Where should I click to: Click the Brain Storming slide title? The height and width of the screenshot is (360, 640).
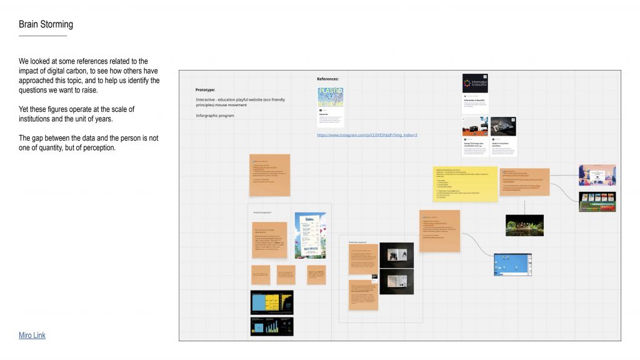coord(46,24)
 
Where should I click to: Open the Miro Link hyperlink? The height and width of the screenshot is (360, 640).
coord(32,336)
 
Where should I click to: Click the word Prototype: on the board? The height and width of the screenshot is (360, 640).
coord(205,90)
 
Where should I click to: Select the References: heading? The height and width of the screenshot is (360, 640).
coord(328,79)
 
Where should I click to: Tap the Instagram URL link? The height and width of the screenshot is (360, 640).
coord(367,135)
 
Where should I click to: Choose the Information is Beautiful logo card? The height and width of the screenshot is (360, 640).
coord(475,83)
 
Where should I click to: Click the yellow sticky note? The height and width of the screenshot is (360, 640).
coord(465,184)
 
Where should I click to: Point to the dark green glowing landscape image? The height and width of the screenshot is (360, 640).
coord(524,225)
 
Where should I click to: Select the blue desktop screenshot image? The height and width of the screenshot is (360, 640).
coord(512,265)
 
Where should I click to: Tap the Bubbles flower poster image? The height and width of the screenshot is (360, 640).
coord(310,236)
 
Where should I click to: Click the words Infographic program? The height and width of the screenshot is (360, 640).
coord(214,116)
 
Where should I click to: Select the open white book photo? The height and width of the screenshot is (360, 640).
coord(396,254)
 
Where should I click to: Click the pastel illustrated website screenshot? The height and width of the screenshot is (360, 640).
coord(597,175)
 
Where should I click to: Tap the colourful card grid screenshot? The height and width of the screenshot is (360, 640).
coord(597,201)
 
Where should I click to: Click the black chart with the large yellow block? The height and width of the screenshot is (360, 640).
coord(272,302)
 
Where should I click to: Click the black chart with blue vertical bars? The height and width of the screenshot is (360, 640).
coord(272,326)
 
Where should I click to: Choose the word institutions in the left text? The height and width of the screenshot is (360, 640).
coord(37,119)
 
